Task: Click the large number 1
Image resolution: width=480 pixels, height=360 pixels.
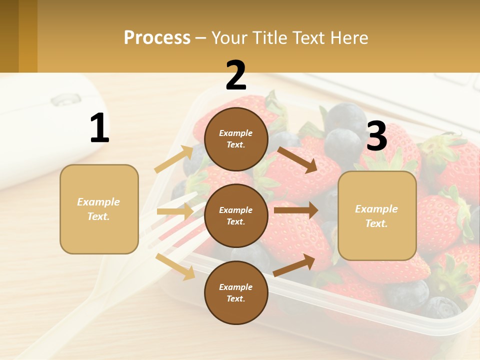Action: pos(99,128)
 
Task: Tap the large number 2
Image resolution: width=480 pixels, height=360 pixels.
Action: pos(236,75)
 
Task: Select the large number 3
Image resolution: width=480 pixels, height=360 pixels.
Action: pos(376,136)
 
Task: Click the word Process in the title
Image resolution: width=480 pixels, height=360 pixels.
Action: pos(157,37)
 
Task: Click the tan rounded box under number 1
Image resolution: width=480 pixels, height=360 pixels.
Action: pos(99,209)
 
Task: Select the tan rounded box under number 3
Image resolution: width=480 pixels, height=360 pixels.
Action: pos(377,215)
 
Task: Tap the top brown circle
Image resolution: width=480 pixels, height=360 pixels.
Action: pos(236,139)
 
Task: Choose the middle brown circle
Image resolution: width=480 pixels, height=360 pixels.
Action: pos(236,215)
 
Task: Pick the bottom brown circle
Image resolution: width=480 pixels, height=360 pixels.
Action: pos(236,292)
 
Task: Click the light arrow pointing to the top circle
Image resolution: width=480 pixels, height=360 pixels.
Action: pos(174,159)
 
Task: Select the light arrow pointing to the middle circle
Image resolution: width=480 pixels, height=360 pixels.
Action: pos(175,211)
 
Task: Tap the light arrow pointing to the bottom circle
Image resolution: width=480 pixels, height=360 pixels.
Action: pos(175,266)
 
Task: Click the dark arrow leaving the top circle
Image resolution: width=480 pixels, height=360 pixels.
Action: pos(297,159)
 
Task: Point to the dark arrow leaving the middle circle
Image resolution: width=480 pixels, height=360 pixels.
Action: pos(295,210)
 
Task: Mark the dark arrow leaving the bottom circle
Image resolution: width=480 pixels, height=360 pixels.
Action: pos(294,265)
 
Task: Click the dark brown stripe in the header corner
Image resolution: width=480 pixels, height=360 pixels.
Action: pos(9,36)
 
